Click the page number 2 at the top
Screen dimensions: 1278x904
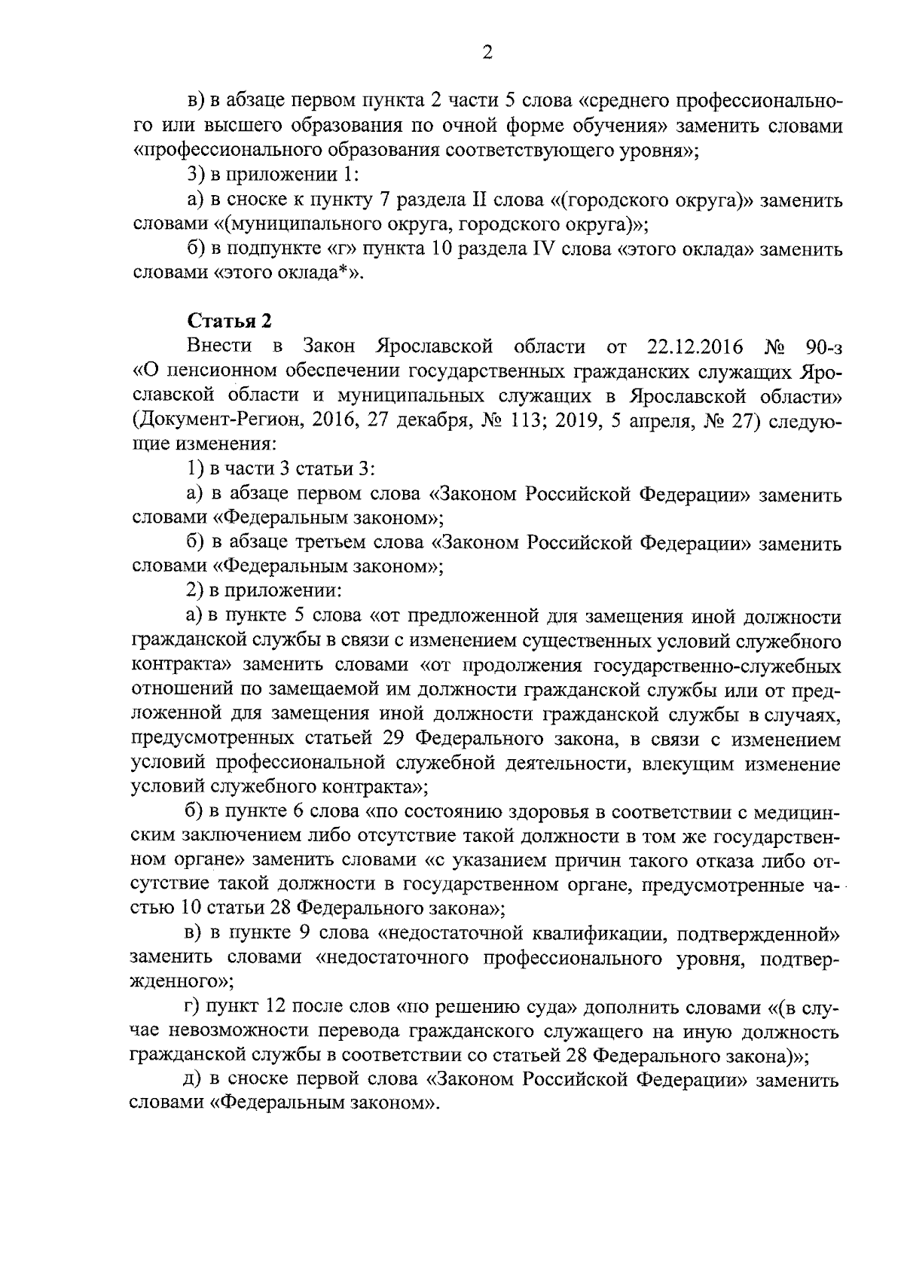(487, 53)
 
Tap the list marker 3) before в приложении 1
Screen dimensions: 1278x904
(195, 175)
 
